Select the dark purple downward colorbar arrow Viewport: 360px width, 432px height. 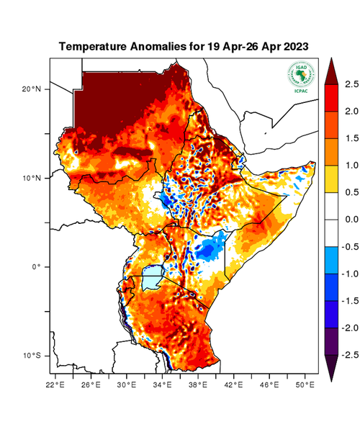click(x=330, y=368)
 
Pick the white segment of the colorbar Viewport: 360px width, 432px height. click(x=330, y=220)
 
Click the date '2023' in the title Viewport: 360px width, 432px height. click(x=294, y=46)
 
